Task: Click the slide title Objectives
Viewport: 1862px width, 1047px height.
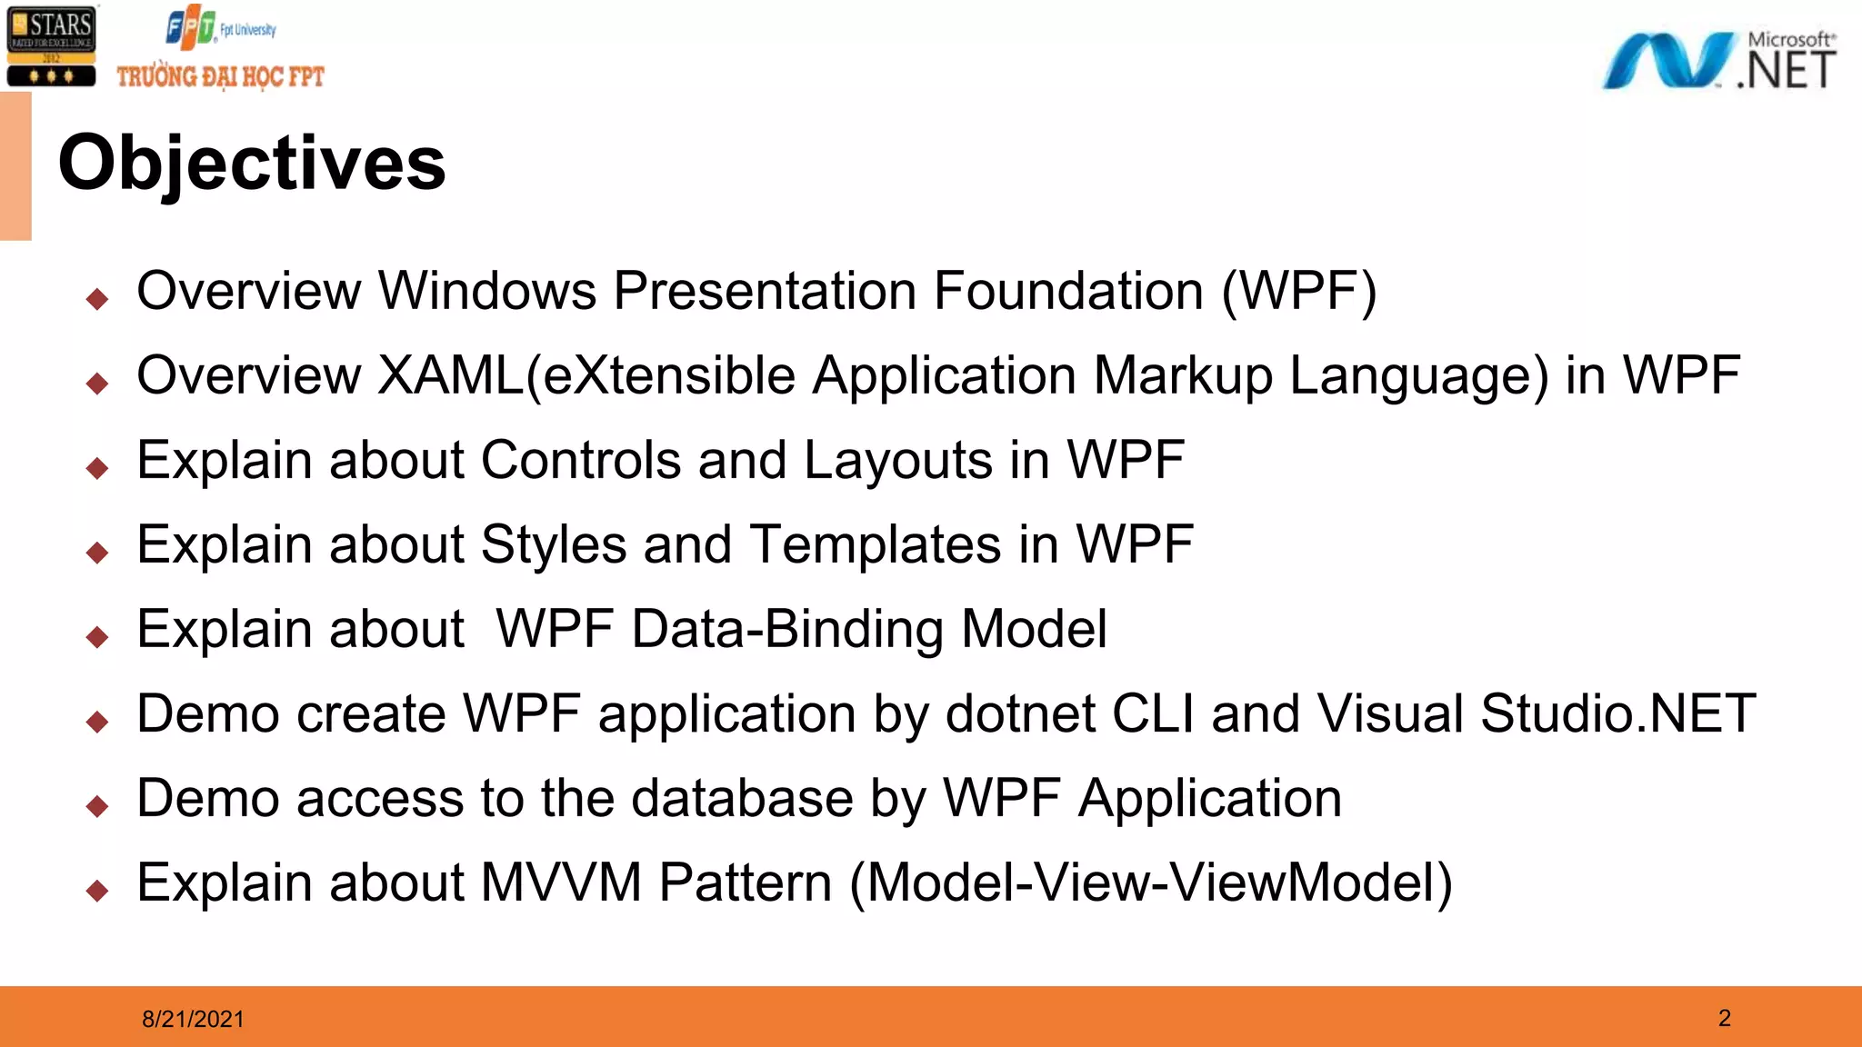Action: pyautogui.click(x=252, y=163)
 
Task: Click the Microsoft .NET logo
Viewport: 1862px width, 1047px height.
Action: pyautogui.click(x=1718, y=62)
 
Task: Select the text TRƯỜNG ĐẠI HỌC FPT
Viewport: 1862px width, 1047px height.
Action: pyautogui.click(x=220, y=77)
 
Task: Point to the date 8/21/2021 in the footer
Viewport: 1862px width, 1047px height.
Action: pyautogui.click(x=193, y=1019)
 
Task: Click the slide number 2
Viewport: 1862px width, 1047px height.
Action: pyautogui.click(x=1724, y=1018)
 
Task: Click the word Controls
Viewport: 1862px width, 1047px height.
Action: pyautogui.click(x=580, y=460)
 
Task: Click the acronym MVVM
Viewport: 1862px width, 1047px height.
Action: pyautogui.click(x=561, y=882)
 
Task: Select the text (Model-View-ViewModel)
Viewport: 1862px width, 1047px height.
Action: pyautogui.click(x=1151, y=882)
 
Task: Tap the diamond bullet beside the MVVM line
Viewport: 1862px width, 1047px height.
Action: pyautogui.click(x=97, y=890)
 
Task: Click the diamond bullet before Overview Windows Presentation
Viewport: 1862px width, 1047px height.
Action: pyautogui.click(x=97, y=298)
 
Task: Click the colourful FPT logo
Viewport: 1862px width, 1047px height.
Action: pyautogui.click(x=191, y=28)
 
